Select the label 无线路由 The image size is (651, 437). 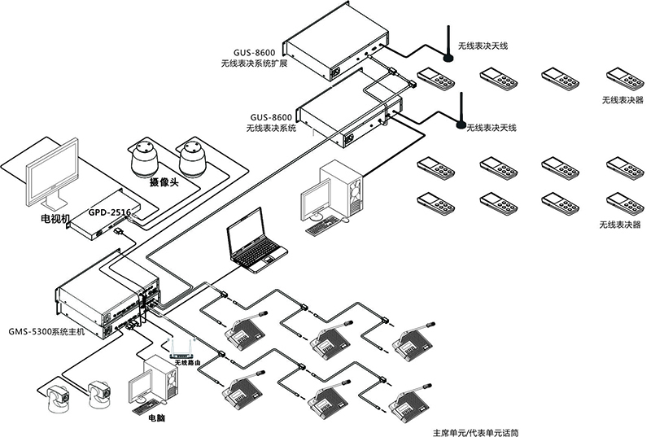point(189,362)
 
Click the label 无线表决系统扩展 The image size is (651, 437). point(254,62)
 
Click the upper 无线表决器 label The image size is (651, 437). point(622,100)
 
